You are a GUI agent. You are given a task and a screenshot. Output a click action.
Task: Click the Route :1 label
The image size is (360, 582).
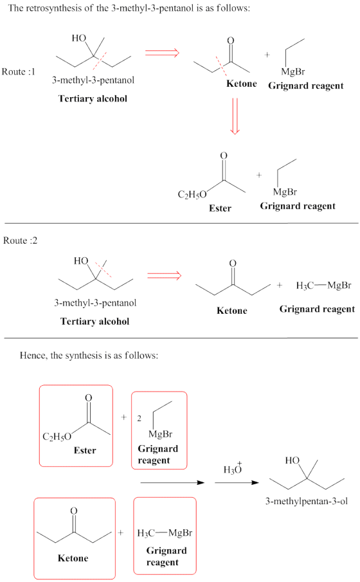click(19, 71)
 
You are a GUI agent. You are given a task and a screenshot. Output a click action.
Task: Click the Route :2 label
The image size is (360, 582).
click(21, 241)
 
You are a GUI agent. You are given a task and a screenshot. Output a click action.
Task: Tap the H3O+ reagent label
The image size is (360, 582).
click(233, 468)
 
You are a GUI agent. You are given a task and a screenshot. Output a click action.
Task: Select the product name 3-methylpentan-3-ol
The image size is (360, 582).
click(307, 502)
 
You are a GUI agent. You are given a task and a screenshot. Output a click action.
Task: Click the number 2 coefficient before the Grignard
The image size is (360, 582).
click(139, 418)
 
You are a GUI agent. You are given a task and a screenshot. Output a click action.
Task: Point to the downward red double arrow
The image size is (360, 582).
click(235, 116)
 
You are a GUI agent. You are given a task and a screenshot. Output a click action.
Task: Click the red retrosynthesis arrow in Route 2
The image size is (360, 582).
click(165, 275)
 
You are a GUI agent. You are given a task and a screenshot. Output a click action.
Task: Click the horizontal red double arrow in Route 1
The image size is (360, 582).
click(162, 53)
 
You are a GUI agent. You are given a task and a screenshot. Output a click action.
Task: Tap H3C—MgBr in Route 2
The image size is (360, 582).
click(323, 286)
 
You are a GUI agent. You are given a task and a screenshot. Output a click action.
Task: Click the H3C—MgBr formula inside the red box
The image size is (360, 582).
click(165, 533)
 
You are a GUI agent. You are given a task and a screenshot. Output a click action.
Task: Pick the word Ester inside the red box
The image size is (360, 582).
click(85, 450)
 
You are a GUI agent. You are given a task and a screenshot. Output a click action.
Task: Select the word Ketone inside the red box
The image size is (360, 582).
click(73, 558)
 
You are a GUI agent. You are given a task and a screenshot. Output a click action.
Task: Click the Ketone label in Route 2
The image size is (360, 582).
click(232, 311)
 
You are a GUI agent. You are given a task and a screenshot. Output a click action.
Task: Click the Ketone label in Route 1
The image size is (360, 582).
click(242, 84)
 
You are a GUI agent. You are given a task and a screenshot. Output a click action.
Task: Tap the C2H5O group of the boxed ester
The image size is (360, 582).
click(57, 437)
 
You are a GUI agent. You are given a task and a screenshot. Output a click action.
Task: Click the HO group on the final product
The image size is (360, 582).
click(292, 460)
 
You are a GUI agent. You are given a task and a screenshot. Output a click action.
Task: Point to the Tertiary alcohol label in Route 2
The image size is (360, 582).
click(95, 322)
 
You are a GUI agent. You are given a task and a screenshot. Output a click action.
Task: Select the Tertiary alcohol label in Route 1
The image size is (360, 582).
click(93, 99)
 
